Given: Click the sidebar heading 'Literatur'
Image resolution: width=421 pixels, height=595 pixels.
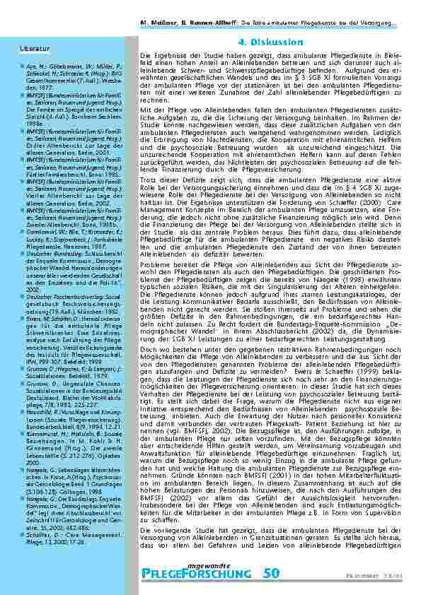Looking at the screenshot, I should click(29, 49).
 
